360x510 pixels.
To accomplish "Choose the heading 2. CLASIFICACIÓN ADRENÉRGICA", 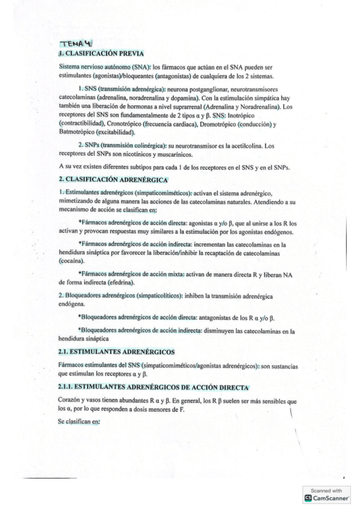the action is (x=112, y=179).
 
